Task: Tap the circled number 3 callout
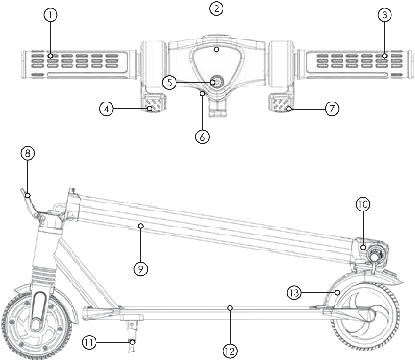(x=385, y=15)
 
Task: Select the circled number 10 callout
(x=363, y=204)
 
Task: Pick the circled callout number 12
(x=231, y=351)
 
